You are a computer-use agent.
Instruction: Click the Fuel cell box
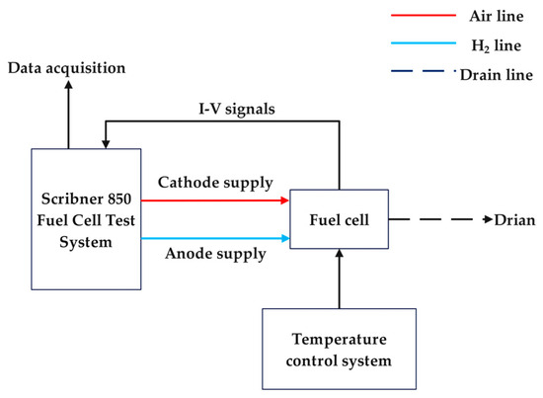point(339,218)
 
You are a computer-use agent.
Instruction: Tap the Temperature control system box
point(339,351)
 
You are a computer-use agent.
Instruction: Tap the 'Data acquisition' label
point(67,67)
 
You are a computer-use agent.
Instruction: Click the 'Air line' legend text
point(484,16)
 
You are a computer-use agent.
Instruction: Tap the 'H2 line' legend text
point(484,45)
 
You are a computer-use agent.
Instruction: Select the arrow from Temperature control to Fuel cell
point(339,279)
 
